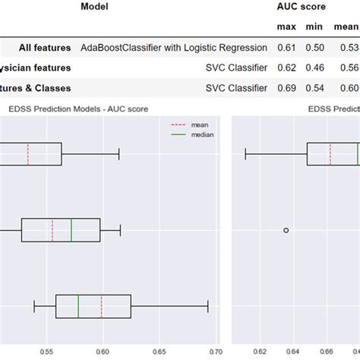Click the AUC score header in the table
[301, 7]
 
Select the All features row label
[36, 47]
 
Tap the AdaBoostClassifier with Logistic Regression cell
[174, 47]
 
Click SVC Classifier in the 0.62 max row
[236, 68]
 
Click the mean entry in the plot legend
[202, 124]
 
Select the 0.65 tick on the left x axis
[159, 352]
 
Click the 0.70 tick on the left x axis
[214, 352]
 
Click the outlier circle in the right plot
[286, 229]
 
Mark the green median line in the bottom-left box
[78, 306]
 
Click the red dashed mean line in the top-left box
[28, 154]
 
